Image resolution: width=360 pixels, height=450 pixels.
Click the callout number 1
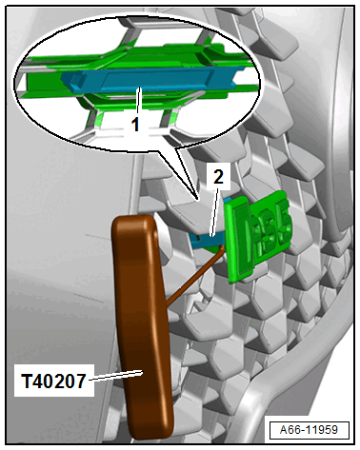135,125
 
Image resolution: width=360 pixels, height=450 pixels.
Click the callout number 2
218,177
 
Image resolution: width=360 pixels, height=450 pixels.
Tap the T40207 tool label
53,381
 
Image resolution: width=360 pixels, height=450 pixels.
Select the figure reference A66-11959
309,430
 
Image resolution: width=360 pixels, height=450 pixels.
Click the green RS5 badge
258,236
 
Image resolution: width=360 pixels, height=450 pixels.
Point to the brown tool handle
143,326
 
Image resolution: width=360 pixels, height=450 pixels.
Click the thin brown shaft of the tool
194,275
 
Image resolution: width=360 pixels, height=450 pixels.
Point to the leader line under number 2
215,210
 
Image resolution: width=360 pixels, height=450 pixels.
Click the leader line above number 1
138,102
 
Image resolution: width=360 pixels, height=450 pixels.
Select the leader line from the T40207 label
115,376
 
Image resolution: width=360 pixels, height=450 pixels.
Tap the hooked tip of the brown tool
222,246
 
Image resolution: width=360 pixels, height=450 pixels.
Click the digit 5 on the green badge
284,224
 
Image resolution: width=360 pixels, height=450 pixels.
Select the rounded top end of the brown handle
133,222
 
